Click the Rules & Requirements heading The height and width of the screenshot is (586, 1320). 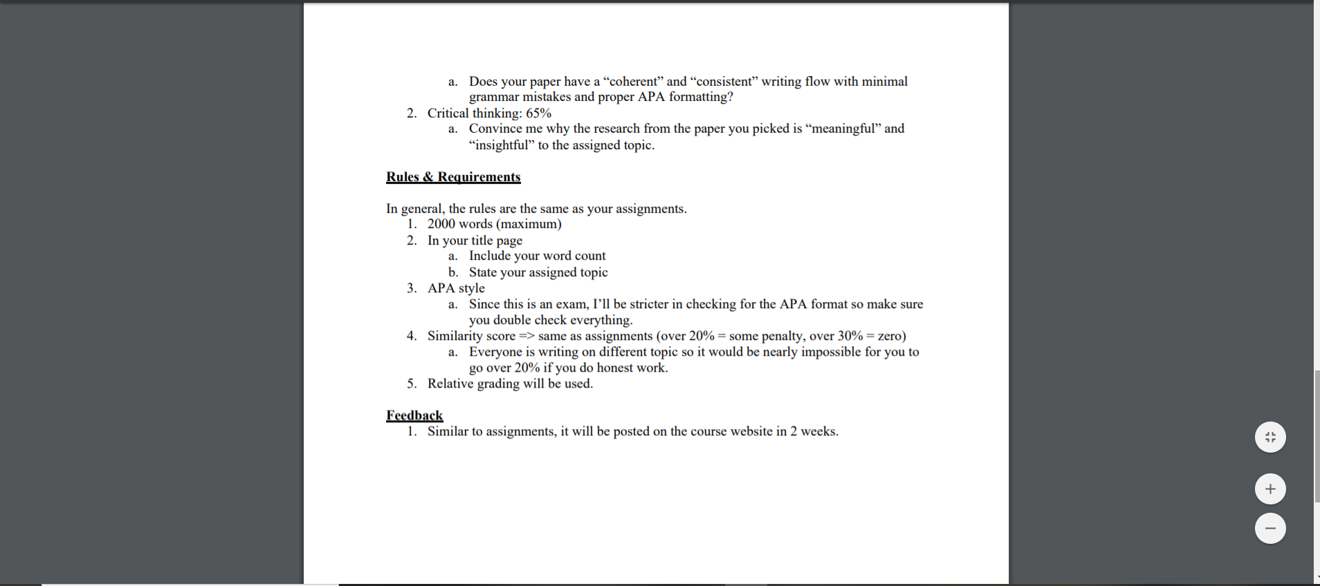point(453,177)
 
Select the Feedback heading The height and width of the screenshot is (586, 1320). point(414,415)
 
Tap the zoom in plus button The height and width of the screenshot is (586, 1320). point(1270,489)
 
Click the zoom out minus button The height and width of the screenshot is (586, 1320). point(1270,529)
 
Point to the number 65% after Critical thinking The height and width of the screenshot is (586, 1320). point(538,113)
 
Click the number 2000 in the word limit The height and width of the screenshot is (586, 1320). point(441,224)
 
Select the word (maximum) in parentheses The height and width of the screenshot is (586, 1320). point(529,224)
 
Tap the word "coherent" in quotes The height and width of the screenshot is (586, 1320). point(634,82)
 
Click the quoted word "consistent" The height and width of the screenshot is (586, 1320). point(723,82)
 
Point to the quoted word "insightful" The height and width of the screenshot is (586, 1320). point(502,145)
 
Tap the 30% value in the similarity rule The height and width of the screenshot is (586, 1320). point(850,336)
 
